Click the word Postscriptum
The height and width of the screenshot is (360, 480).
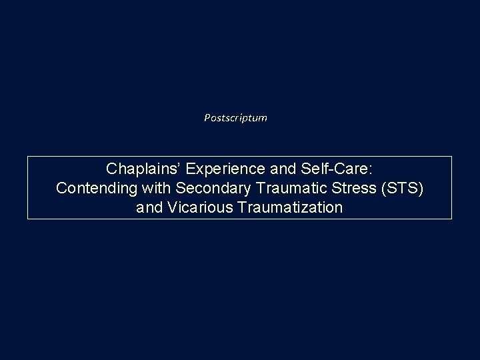pos(235,118)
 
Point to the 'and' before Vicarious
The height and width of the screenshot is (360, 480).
pos(149,208)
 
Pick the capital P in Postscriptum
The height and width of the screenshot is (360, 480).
pos(207,118)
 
